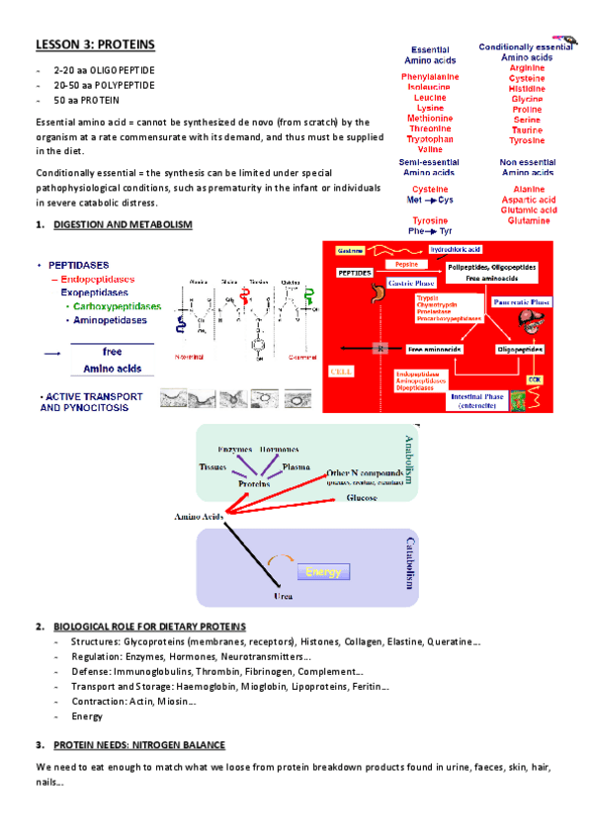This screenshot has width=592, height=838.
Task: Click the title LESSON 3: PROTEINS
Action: (95, 44)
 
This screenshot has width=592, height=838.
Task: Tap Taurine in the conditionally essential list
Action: (526, 129)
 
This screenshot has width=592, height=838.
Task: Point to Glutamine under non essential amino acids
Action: (526, 219)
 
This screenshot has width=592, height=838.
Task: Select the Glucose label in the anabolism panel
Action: (362, 499)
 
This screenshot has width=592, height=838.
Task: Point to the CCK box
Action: (534, 378)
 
